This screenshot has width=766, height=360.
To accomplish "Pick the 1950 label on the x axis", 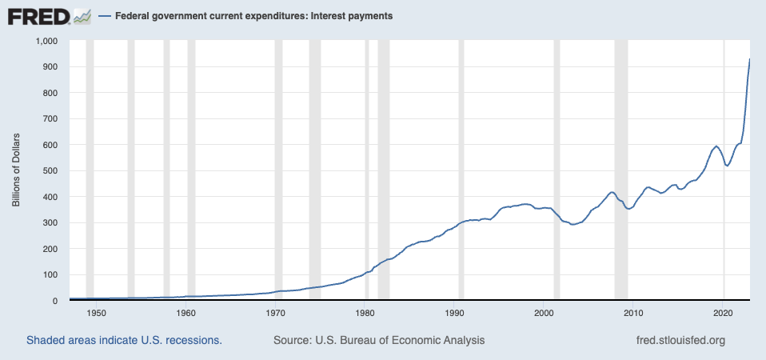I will click(96, 313).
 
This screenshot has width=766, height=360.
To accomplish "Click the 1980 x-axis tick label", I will click(365, 313).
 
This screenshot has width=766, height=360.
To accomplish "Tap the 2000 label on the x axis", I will click(545, 313).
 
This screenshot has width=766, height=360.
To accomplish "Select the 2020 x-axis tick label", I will click(724, 313).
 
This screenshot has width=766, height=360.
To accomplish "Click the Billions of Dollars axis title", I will click(15, 170).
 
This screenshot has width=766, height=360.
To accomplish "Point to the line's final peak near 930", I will click(749, 60).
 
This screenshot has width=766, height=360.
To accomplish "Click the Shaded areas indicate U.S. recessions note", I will click(124, 341).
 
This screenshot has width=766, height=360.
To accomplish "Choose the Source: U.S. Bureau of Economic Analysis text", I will click(379, 341).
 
